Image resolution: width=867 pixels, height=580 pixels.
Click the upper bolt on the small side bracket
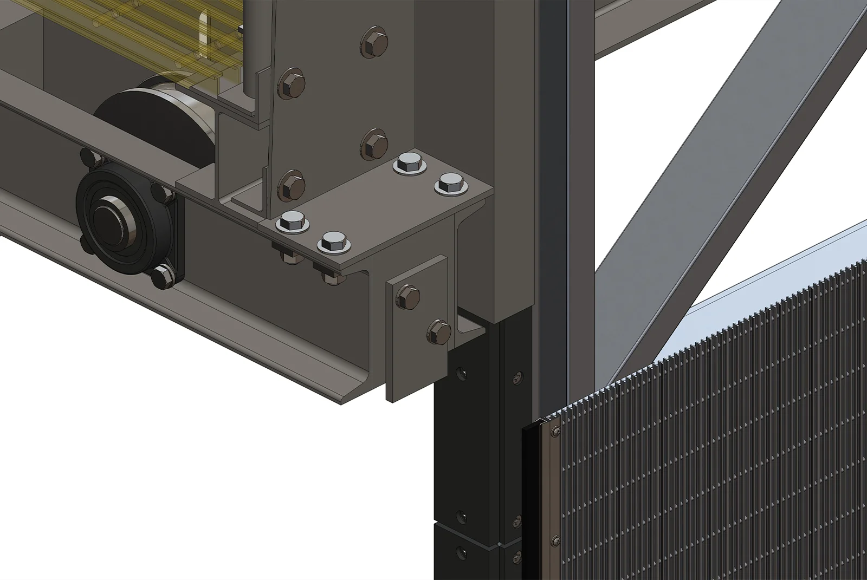pos(408,296)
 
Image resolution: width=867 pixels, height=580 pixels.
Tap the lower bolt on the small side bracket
pos(439,330)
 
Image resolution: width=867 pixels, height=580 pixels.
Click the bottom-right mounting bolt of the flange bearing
pos(161,277)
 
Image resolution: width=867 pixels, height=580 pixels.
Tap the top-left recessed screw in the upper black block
pos(462,373)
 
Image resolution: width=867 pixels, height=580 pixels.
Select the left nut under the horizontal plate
pos(291,257)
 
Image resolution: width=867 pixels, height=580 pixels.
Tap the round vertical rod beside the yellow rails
pos(250,49)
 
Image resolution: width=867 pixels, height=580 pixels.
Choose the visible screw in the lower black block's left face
pos(462,552)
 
